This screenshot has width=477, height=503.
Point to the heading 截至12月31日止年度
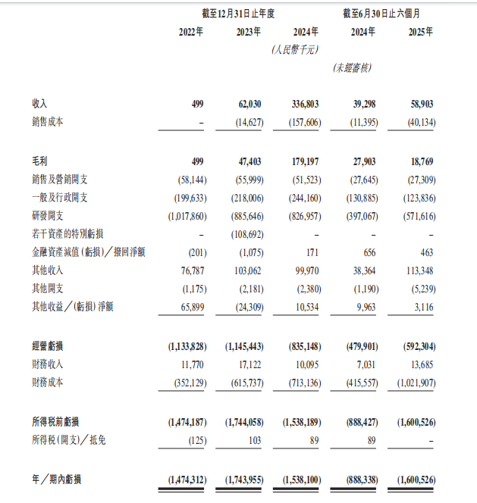pyautogui.click(x=237, y=13)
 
